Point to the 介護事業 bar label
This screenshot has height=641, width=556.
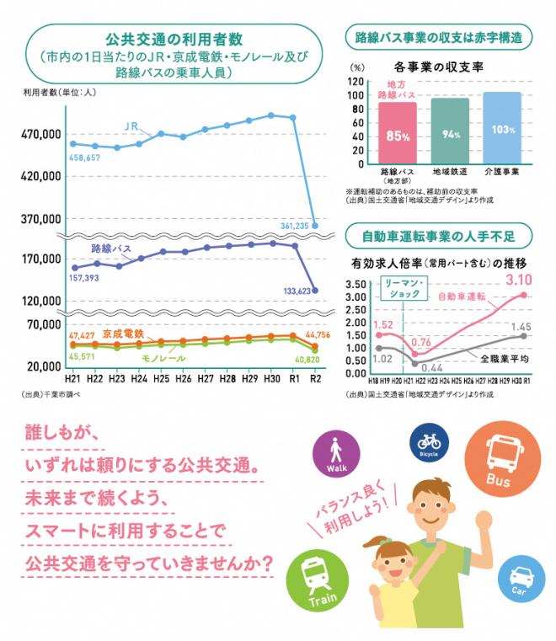click(502, 171)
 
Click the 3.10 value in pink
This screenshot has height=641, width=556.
click(519, 279)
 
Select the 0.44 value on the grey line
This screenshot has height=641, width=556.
click(432, 368)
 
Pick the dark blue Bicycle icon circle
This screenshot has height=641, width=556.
click(429, 441)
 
